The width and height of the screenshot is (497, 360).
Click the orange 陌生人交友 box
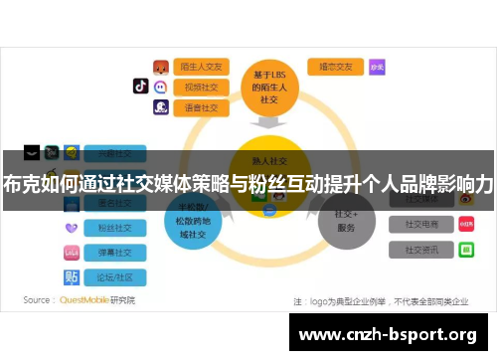point(202,67)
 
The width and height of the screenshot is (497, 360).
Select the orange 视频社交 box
point(202,87)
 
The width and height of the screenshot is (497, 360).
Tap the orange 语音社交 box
point(202,106)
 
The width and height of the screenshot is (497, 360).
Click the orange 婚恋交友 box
point(335,67)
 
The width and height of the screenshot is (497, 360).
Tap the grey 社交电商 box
point(420,224)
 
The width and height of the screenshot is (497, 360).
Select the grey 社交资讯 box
point(420,251)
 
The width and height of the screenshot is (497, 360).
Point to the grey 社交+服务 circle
point(346,221)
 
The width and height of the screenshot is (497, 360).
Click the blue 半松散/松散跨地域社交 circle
point(193,221)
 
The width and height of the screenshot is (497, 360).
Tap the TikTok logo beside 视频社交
point(141,87)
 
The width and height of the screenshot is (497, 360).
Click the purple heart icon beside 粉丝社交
point(72,229)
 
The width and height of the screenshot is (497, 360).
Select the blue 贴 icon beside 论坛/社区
point(72,276)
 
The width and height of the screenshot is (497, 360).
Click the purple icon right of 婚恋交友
point(377,67)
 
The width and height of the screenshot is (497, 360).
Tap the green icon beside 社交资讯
point(465,251)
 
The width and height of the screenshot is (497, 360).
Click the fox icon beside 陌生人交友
point(160,67)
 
